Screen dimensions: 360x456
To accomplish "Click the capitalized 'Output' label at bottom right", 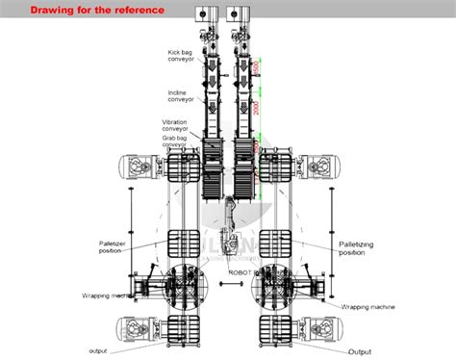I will [359, 350].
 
